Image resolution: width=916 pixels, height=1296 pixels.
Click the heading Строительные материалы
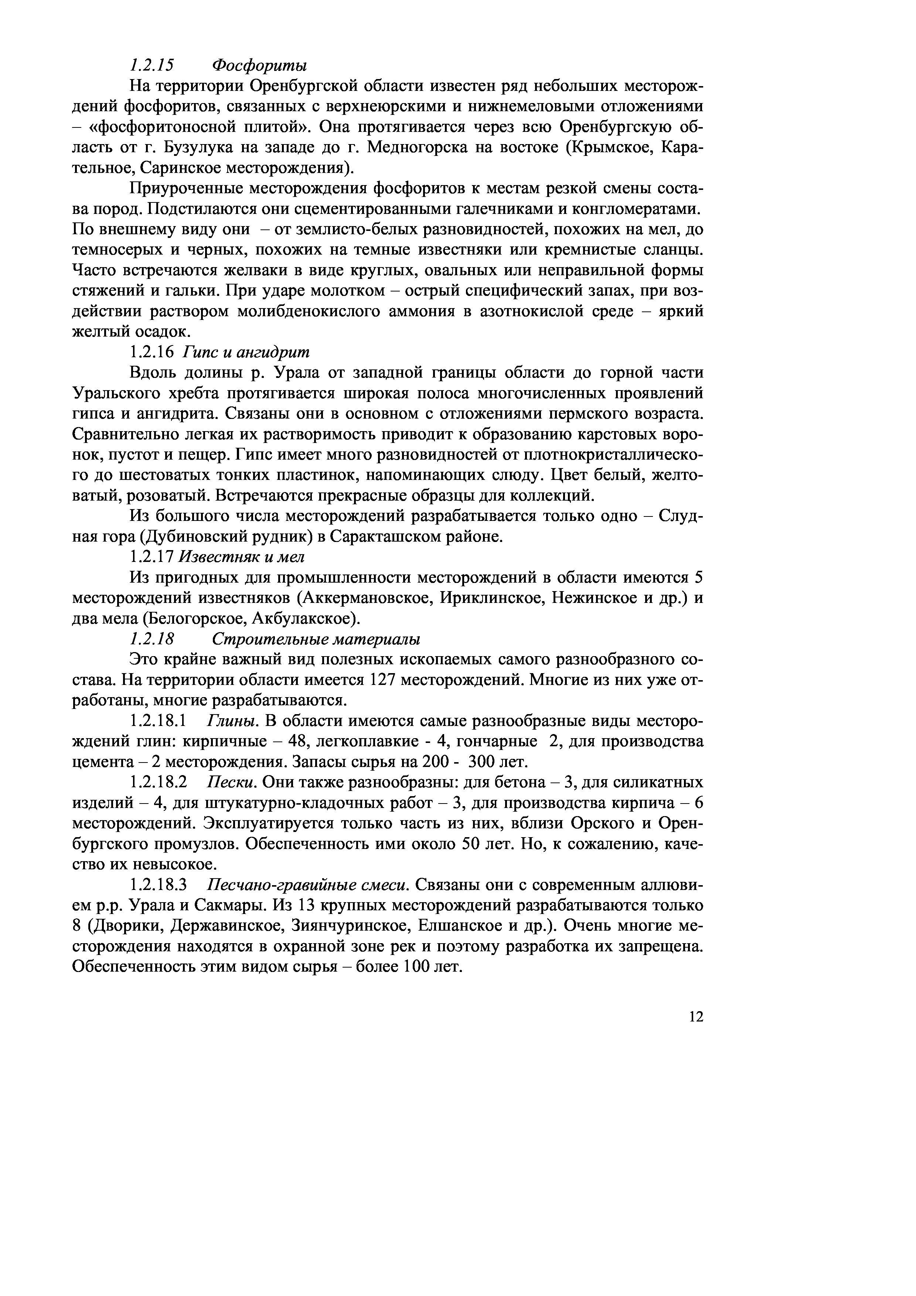[316, 640]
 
